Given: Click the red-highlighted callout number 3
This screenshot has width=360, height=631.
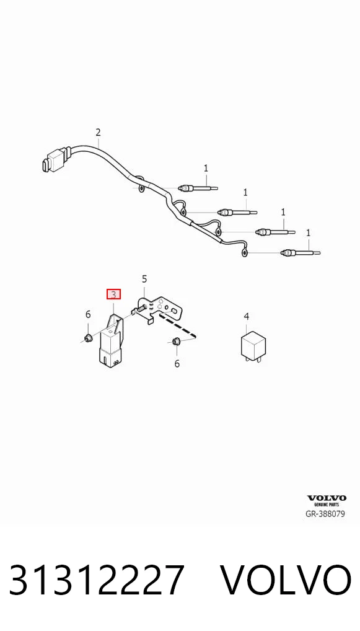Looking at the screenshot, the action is [113, 294].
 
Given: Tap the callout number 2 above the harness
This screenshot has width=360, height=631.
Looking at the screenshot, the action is [98, 132].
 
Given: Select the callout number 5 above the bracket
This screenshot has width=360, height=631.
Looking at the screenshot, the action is [144, 279].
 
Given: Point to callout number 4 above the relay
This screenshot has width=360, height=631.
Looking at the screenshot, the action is [247, 317].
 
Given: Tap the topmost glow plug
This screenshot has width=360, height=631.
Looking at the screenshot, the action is [200, 188].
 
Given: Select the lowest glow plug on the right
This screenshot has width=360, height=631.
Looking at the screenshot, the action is [301, 253].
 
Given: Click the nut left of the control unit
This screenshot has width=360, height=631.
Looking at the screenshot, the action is [88, 337].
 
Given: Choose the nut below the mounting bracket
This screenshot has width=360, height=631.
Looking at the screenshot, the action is [175, 342].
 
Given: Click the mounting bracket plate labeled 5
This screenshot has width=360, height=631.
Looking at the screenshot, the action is [159, 309].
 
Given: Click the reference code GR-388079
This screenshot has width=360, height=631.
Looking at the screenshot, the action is [326, 514].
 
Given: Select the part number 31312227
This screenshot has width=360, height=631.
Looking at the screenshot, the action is [97, 580].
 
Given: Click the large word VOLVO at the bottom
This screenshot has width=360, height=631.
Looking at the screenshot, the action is [286, 580].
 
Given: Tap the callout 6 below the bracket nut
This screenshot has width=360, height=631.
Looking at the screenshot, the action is [177, 364].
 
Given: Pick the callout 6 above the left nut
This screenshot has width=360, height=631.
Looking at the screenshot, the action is [88, 314].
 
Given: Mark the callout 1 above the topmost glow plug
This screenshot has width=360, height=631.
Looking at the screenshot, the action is [206, 168].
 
